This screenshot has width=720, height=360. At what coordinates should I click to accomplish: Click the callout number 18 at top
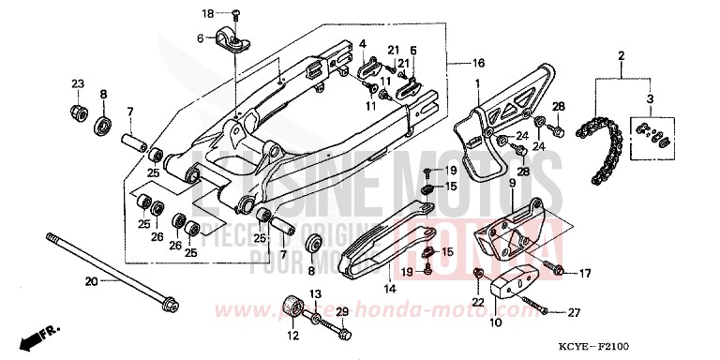208,13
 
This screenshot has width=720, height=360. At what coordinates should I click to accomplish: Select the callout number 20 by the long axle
90,281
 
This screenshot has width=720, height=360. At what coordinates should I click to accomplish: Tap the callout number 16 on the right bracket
478,63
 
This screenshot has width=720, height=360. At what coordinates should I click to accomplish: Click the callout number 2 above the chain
621,57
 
